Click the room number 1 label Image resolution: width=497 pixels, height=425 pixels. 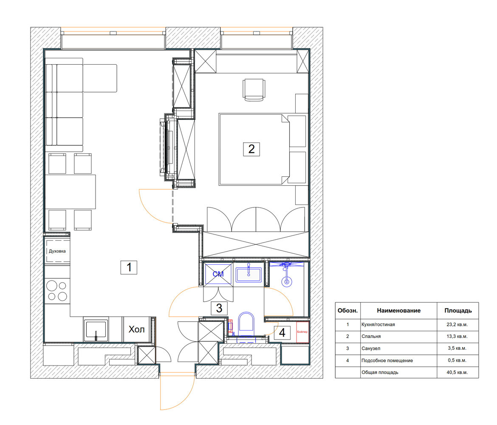129,267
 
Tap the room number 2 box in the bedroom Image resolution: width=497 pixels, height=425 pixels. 251,149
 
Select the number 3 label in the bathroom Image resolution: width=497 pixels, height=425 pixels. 219,308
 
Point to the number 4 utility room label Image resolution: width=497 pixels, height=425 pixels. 282,333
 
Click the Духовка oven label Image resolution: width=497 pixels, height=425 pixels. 57,251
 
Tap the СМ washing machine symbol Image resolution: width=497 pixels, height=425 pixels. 218,274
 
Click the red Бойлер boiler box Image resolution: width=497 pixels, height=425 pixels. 302,332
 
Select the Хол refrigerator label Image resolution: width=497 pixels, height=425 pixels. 137,329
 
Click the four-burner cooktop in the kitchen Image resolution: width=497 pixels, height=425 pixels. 57,291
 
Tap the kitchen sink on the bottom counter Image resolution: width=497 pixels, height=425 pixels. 96,330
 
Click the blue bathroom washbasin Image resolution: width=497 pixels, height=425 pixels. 248,275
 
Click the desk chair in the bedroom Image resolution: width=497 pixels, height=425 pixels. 254,90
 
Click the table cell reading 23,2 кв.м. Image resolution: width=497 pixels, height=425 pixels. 457,324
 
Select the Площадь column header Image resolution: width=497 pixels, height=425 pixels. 458,311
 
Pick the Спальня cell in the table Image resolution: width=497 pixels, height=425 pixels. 371,336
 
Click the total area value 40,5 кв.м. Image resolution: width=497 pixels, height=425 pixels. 457,372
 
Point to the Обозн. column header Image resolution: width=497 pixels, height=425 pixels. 348,311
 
